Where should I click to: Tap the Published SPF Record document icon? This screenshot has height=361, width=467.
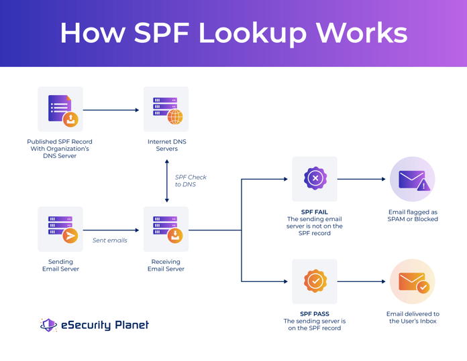[x=60, y=109]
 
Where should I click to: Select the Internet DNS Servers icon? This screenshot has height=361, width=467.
[x=166, y=109]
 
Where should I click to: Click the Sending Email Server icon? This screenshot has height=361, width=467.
[x=60, y=229]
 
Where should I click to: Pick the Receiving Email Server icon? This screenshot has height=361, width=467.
[x=166, y=229]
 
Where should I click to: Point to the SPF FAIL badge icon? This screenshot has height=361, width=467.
[x=315, y=179]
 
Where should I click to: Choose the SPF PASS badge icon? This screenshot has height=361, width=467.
[x=315, y=281]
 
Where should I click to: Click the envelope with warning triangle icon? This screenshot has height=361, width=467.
[x=413, y=179]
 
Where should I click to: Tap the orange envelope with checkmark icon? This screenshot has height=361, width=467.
[x=413, y=282]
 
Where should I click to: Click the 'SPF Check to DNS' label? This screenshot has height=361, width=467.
[x=191, y=181]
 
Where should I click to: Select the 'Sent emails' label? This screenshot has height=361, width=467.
[x=109, y=240]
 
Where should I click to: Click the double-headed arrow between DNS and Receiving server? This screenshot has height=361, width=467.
[x=167, y=181]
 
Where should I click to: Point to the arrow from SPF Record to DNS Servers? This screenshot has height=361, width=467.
[x=111, y=110]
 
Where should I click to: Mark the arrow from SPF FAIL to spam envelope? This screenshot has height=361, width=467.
[x=362, y=179]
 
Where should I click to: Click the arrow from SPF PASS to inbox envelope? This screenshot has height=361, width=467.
[x=362, y=281]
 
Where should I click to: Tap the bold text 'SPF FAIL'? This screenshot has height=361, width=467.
[x=315, y=212]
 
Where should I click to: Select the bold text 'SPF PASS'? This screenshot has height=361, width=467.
[x=315, y=313]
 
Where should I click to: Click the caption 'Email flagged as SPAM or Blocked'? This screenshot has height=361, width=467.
[x=413, y=215]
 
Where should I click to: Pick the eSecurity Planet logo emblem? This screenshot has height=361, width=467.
[x=48, y=326]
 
